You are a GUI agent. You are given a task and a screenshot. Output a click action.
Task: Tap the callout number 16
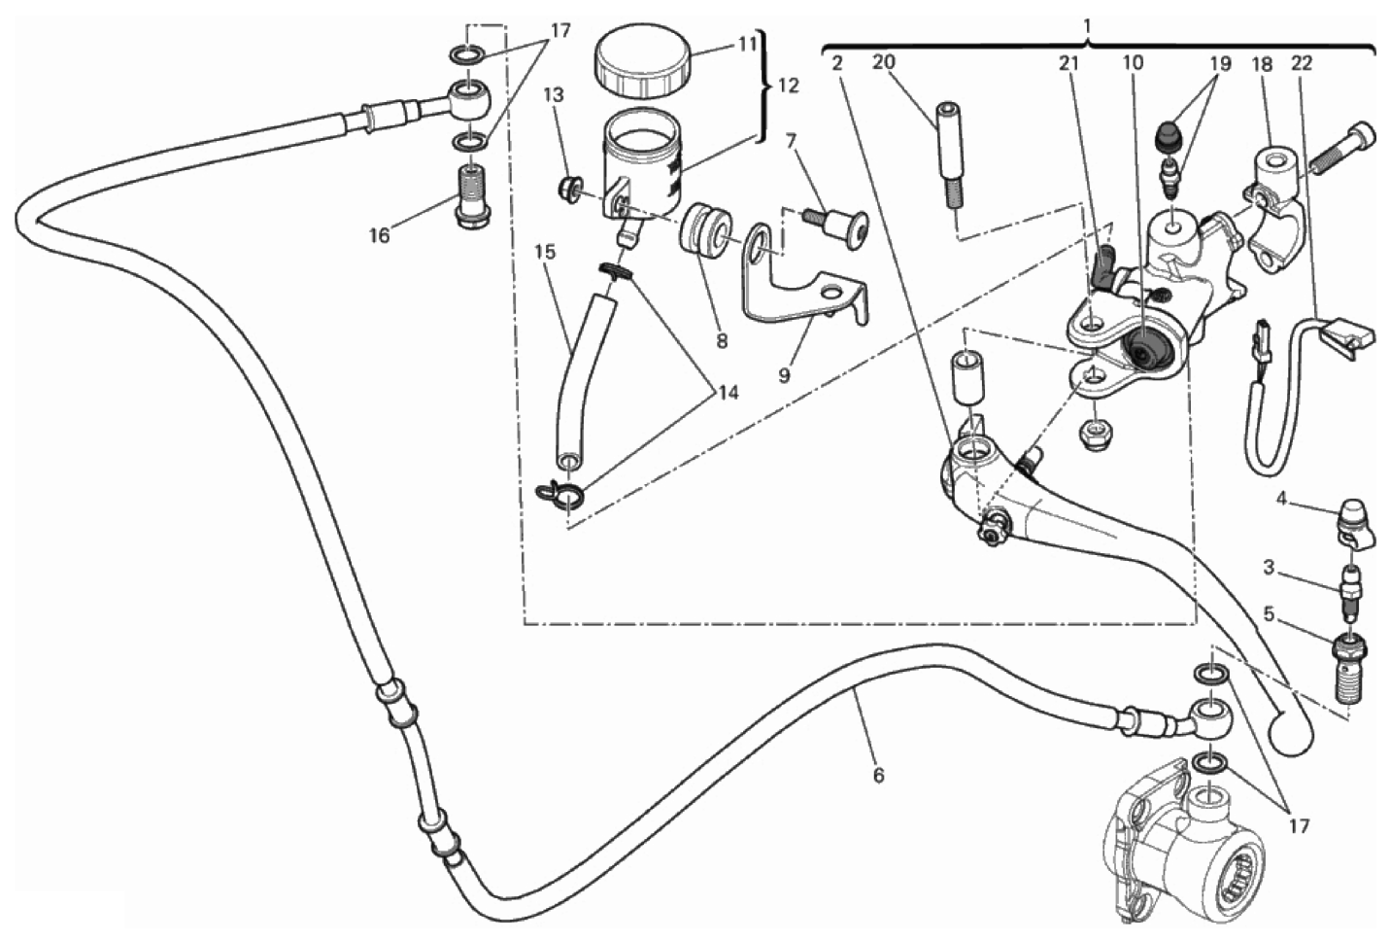(x=380, y=235)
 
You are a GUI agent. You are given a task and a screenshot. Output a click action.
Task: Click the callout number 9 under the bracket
(x=785, y=374)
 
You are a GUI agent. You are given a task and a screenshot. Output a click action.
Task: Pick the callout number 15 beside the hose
(x=546, y=252)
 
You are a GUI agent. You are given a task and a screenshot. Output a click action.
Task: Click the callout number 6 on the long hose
(x=878, y=776)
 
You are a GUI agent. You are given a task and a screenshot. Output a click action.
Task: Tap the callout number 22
(x=1302, y=63)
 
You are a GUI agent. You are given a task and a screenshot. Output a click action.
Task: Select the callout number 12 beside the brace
(x=788, y=85)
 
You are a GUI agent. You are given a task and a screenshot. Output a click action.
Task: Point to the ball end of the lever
(x=1291, y=733)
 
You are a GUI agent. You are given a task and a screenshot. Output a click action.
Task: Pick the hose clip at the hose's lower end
(x=560, y=495)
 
